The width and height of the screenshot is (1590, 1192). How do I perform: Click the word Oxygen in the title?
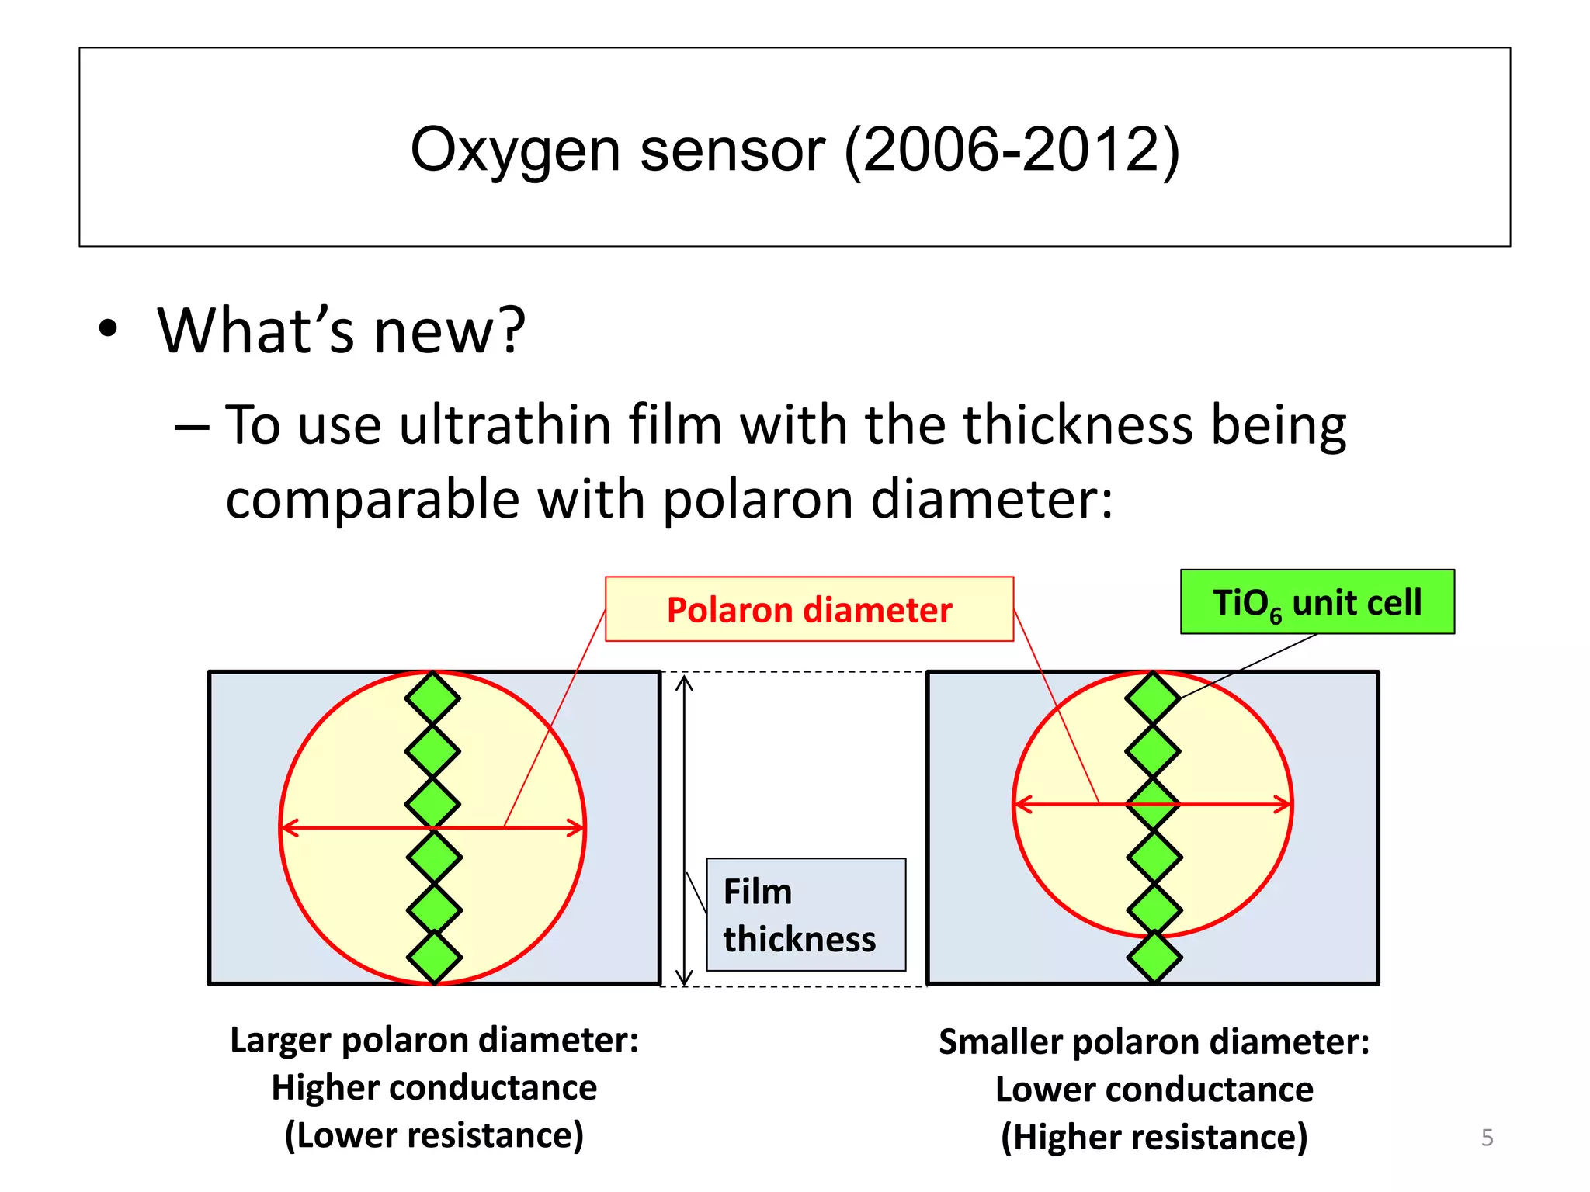[x=515, y=151]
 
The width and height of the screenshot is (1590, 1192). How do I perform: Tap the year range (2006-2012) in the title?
[x=1012, y=151]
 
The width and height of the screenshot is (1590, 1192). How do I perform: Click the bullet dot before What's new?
[x=108, y=328]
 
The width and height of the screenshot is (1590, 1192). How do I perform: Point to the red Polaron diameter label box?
[x=809, y=609]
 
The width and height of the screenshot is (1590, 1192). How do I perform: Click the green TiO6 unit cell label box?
[x=1317, y=602]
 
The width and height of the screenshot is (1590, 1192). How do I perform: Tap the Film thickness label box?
[x=806, y=914]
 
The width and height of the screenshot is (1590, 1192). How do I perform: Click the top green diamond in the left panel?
[x=432, y=698]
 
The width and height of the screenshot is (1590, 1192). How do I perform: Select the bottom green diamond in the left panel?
[x=434, y=957]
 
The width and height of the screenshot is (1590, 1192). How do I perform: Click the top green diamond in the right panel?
[x=1153, y=698]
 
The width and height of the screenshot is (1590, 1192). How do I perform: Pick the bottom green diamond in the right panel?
[x=1154, y=957]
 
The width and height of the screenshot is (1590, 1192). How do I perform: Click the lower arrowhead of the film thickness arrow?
[x=684, y=978]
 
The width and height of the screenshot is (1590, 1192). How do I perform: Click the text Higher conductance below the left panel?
[x=434, y=1088]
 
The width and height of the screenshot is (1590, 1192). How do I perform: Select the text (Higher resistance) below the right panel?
[x=1154, y=1138]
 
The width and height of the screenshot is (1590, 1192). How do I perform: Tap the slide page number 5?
[x=1487, y=1138]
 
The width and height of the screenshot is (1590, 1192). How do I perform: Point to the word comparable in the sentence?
[x=373, y=499]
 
